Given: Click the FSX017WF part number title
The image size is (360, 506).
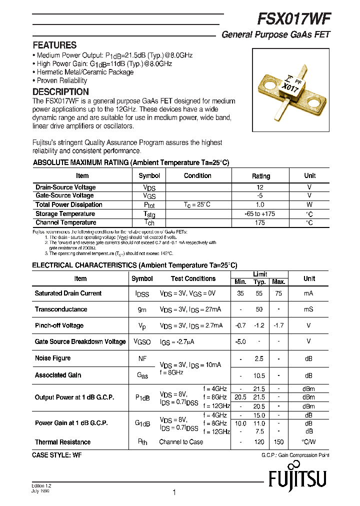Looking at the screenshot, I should click(x=293, y=19).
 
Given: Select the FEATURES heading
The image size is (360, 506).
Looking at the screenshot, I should click(x=54, y=45).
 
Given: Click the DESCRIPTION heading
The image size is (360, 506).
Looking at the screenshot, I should click(x=60, y=92).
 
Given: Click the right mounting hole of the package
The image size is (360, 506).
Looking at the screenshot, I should click(x=315, y=104).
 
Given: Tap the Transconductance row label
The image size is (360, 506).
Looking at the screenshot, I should click(x=61, y=309).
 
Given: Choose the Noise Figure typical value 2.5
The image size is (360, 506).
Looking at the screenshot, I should click(x=259, y=358).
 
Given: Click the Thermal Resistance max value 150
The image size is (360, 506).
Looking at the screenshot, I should click(x=278, y=442).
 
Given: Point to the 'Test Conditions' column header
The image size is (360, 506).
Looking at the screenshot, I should click(x=193, y=278).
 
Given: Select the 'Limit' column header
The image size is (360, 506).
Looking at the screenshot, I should click(x=260, y=274).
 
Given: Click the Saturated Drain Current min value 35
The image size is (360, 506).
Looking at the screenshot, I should click(x=240, y=293).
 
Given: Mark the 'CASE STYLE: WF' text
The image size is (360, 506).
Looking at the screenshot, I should click(x=56, y=455).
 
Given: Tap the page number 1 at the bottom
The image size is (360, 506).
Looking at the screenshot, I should click(x=174, y=492).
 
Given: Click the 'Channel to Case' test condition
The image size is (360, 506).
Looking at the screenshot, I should click(x=181, y=442).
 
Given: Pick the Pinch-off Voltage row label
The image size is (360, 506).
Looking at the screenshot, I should click(x=59, y=325).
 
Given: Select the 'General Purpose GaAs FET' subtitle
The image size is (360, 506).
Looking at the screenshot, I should click(x=275, y=35).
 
